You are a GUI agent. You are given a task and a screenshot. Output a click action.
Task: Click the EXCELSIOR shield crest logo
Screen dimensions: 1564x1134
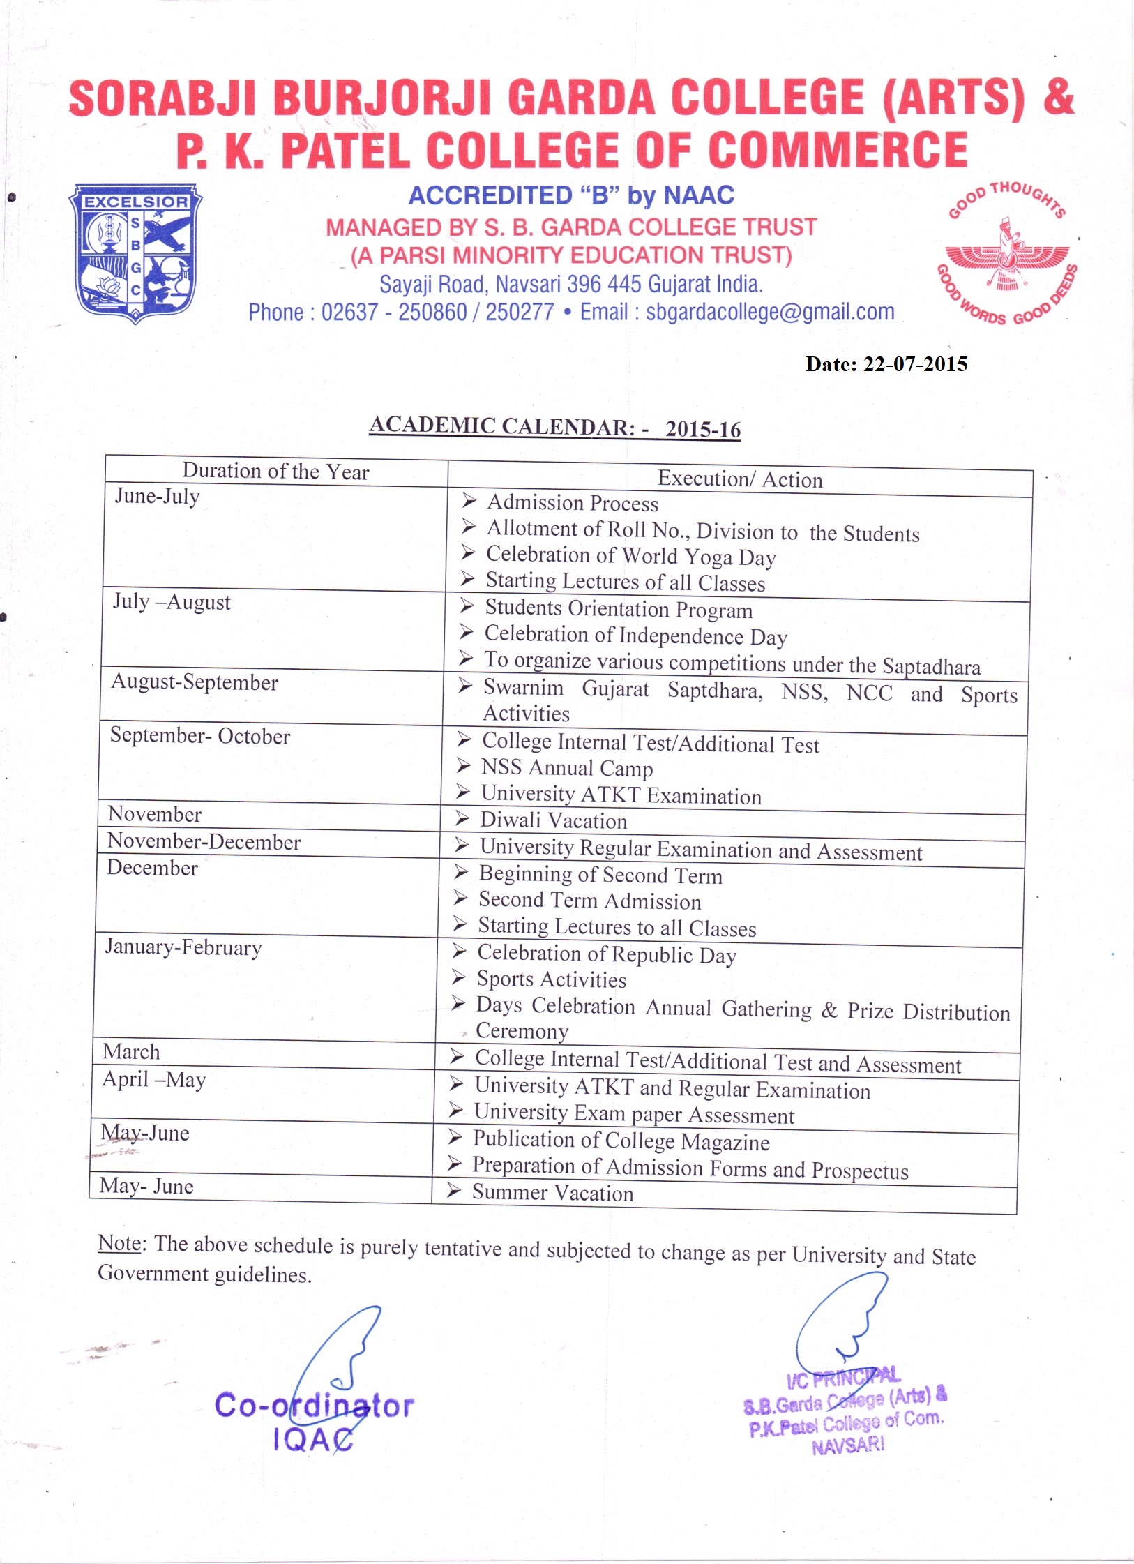point(135,253)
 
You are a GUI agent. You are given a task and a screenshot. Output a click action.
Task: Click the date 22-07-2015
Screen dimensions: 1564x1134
point(915,364)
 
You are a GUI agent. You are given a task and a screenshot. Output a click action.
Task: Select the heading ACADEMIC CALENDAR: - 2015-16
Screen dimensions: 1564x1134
point(554,426)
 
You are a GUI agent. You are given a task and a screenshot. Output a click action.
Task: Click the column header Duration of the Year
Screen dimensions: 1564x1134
point(275,472)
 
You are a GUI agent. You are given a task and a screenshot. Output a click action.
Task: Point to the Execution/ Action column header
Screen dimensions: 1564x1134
point(740,479)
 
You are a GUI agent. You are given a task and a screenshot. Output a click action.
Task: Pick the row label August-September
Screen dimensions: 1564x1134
point(195,682)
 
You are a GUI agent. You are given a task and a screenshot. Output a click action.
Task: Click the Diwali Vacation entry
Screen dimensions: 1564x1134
point(554,820)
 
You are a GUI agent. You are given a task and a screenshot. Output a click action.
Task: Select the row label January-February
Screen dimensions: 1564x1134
point(183,947)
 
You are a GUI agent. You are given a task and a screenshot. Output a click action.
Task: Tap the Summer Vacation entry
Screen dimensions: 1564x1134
point(552,1193)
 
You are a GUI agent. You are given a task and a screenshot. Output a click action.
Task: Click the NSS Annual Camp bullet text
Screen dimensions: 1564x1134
point(567,768)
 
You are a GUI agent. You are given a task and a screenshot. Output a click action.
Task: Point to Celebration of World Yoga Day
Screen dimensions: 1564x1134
point(630,556)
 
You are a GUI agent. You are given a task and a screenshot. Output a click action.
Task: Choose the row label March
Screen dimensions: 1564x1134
point(131,1052)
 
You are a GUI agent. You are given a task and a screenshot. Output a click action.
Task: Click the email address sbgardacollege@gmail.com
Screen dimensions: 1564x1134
point(770,312)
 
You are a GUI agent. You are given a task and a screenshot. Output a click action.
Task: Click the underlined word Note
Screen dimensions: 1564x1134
point(119,1243)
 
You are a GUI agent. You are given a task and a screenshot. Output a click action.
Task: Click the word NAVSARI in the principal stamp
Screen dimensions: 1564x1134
point(847,1446)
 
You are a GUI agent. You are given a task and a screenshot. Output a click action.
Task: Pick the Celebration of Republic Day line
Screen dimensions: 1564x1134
point(606,954)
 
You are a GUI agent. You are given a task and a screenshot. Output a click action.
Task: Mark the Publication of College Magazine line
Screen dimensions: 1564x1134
point(621,1141)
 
